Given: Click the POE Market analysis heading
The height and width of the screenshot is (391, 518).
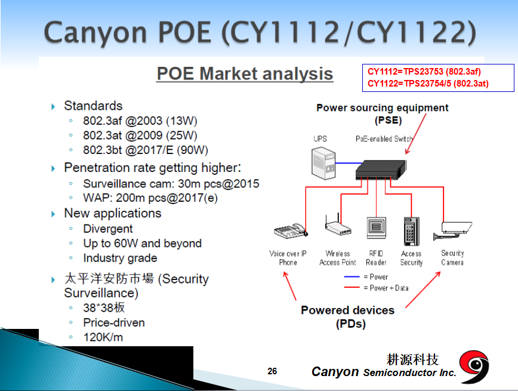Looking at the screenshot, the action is pyautogui.click(x=245, y=73).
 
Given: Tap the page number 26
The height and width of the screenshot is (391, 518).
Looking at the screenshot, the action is pyautogui.click(x=272, y=371).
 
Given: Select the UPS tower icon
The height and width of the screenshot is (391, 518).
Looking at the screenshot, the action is pyautogui.click(x=323, y=164).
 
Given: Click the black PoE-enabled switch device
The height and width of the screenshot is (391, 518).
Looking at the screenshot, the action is pyautogui.click(x=381, y=170).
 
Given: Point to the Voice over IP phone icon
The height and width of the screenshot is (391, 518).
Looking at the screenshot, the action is pyautogui.click(x=291, y=230).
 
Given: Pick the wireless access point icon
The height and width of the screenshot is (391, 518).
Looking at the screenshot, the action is pyautogui.click(x=338, y=225).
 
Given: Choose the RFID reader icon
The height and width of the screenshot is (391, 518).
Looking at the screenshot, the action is pyautogui.click(x=377, y=227).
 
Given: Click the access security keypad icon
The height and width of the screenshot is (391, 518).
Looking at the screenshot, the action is pyautogui.click(x=412, y=231).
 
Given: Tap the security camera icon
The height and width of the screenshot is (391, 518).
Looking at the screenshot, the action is pyautogui.click(x=452, y=230).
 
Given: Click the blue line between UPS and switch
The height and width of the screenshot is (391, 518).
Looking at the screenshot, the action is pyautogui.click(x=349, y=163).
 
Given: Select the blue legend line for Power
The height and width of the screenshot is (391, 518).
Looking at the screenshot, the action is pyautogui.click(x=351, y=276).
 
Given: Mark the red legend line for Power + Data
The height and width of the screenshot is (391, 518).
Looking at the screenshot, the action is pyautogui.click(x=351, y=288).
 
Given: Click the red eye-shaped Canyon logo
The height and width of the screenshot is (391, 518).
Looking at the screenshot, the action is pyautogui.click(x=474, y=367).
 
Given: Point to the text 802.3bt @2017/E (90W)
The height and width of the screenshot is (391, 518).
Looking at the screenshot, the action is pyautogui.click(x=146, y=150).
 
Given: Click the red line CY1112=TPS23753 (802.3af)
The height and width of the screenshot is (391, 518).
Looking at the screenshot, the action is pyautogui.click(x=424, y=72).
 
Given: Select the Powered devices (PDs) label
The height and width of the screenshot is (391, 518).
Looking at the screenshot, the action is pyautogui.click(x=348, y=316).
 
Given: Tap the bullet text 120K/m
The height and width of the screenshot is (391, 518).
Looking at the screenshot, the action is pyautogui.click(x=103, y=337).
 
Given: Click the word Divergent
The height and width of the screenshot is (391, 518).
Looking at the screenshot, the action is pyautogui.click(x=107, y=229).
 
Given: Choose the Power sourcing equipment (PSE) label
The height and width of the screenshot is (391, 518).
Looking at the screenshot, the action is pyautogui.click(x=383, y=113).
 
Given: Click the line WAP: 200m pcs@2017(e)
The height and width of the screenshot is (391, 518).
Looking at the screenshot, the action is pyautogui.click(x=150, y=198).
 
